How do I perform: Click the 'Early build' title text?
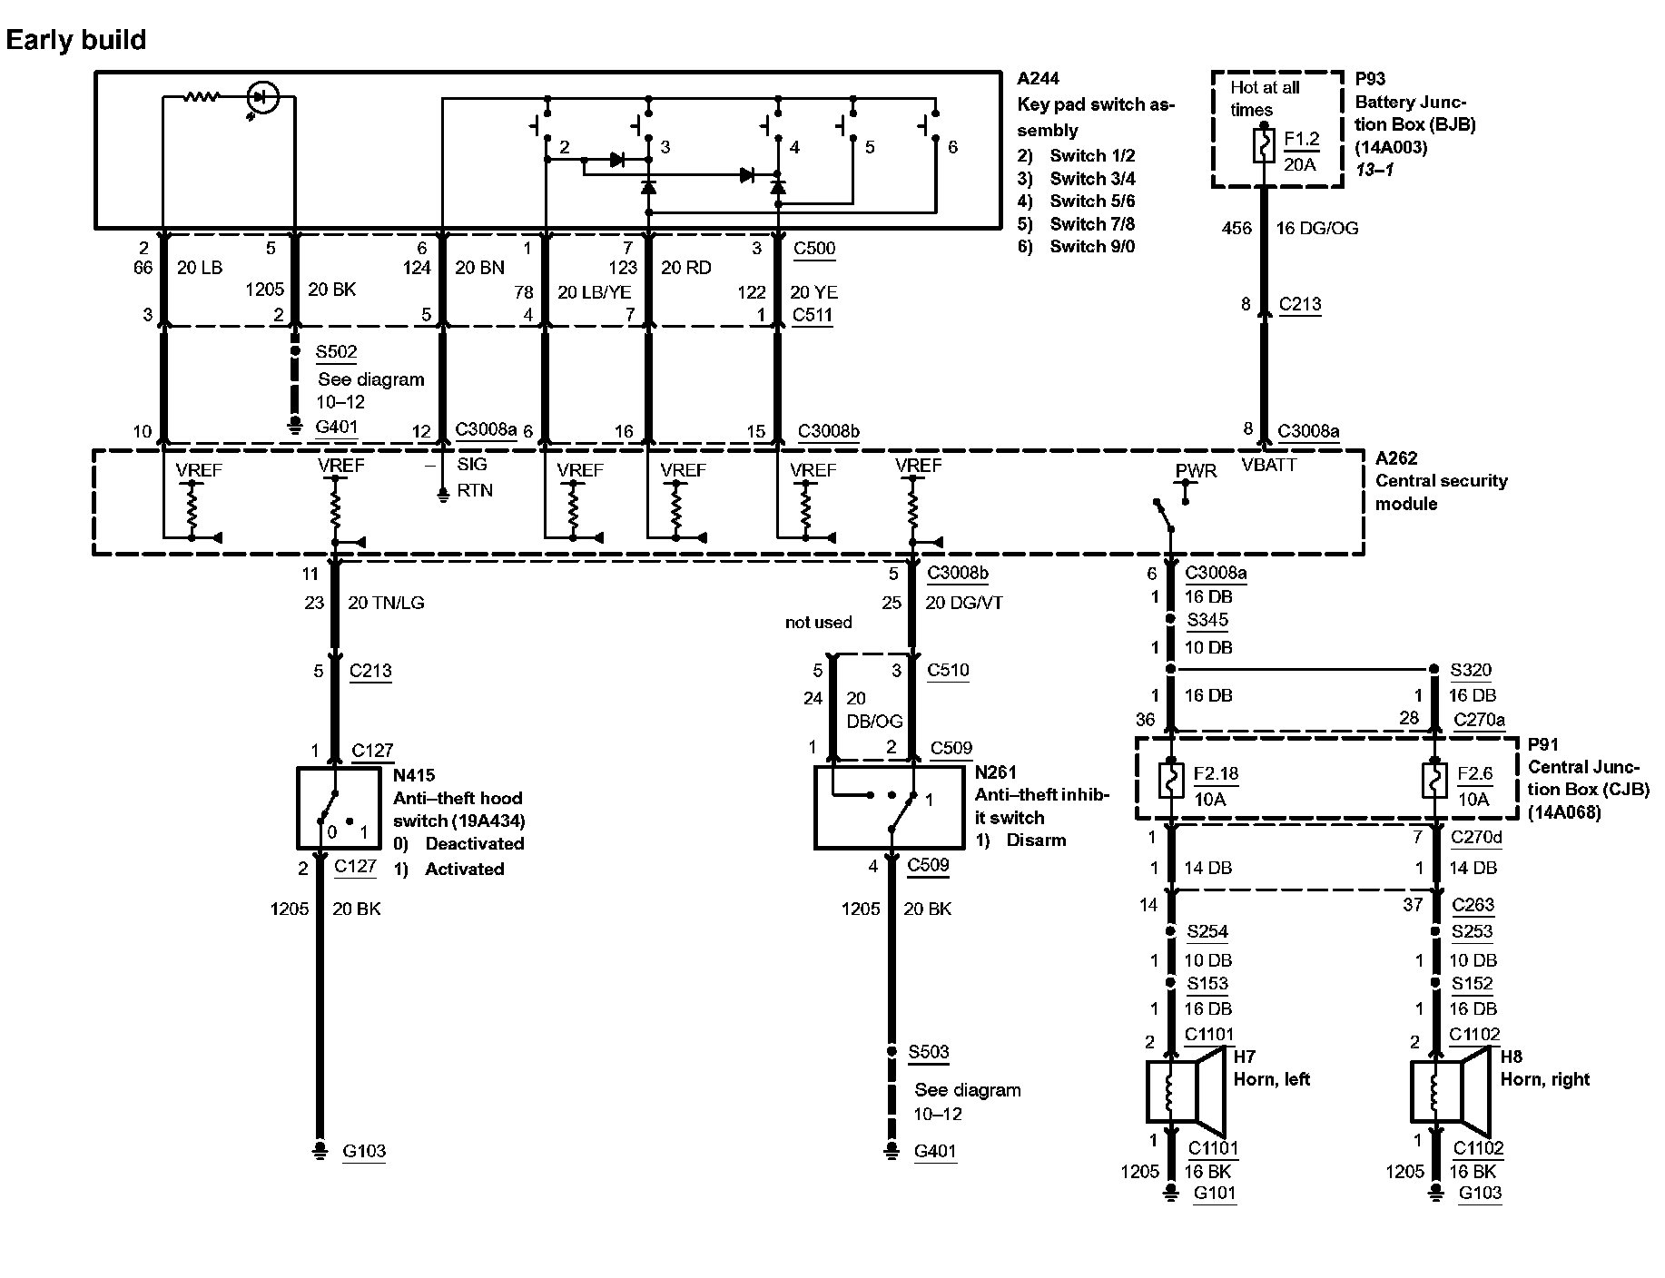click(x=76, y=40)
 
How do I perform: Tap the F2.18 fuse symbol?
click(x=1172, y=782)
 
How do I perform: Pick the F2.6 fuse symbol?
click(x=1434, y=782)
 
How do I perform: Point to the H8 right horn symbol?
click(x=1447, y=1091)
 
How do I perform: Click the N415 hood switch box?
click(x=340, y=808)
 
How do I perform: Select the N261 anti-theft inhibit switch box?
click(x=890, y=807)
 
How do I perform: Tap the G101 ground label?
click(x=1214, y=1193)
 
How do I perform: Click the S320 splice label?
click(x=1470, y=670)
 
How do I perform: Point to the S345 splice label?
click(x=1207, y=620)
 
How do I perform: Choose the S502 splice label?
click(x=336, y=352)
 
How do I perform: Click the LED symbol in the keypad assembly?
click(x=263, y=96)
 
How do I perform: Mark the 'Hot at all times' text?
click(x=1265, y=98)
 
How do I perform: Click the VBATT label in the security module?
click(x=1269, y=465)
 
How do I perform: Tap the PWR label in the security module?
click(x=1196, y=471)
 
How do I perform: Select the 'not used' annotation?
click(x=818, y=623)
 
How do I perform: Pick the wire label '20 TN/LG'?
click(x=386, y=603)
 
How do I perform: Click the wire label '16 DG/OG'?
click(x=1317, y=229)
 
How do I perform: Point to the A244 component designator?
click(x=1038, y=79)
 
